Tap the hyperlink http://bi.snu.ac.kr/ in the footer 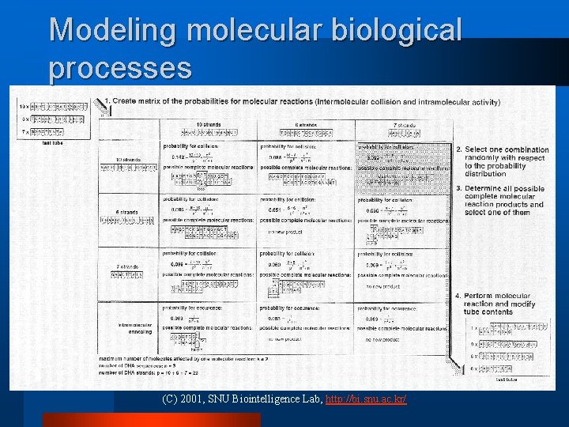[x=366, y=399]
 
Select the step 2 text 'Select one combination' [x=502, y=149]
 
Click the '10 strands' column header [x=209, y=125]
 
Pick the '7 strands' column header [x=403, y=125]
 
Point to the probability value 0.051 [x=273, y=210]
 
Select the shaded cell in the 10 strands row [x=403, y=166]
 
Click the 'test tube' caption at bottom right [x=505, y=380]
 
